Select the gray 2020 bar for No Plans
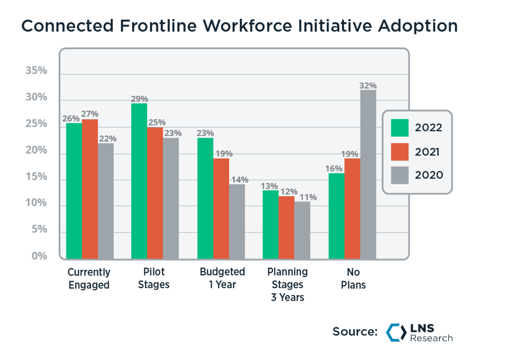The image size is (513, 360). [x=368, y=175]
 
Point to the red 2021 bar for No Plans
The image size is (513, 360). [x=352, y=209]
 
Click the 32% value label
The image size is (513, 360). [x=368, y=86]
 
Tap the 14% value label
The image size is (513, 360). [x=237, y=180]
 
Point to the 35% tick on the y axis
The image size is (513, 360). [x=35, y=71]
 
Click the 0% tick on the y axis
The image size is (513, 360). [x=39, y=256]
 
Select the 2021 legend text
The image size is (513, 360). [x=429, y=152]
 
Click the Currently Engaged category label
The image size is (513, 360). [x=89, y=278]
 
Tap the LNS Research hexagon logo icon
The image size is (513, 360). [x=396, y=332]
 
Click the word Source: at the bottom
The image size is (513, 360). [x=355, y=332]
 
